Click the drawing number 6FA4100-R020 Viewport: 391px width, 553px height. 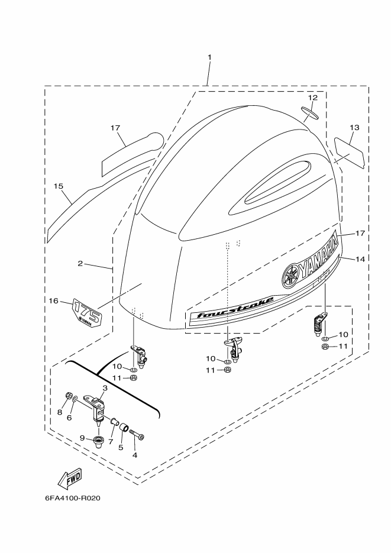coord(73,499)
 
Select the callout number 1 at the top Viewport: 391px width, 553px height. coord(209,57)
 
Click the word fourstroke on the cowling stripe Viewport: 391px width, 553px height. coord(235,307)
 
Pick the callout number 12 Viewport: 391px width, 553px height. coord(313,98)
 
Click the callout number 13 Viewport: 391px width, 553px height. coord(355,127)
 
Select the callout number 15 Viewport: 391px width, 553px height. coord(59,186)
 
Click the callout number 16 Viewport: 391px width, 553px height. coord(54,300)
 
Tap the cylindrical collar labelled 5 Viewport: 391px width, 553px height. coord(123,428)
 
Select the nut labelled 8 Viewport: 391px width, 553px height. coord(69,396)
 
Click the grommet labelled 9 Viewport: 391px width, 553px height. coord(98,441)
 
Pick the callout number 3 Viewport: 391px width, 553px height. coord(105,388)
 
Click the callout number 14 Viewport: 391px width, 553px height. coord(360,259)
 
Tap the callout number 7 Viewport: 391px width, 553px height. coord(111,441)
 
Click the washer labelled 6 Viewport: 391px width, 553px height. coord(75,399)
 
